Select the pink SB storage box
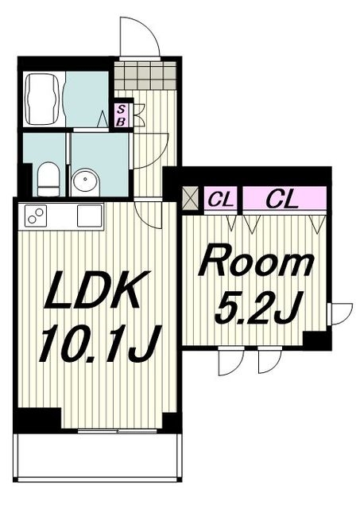(122, 115)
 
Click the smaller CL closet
(221, 200)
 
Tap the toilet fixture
(48, 180)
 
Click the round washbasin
(85, 181)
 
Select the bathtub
(42, 99)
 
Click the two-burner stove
(36, 216)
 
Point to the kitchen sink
(90, 216)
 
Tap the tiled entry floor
(145, 76)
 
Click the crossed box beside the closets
(190, 199)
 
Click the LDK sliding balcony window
(118, 431)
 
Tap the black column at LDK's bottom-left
(37, 419)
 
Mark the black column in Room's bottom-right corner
(315, 341)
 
